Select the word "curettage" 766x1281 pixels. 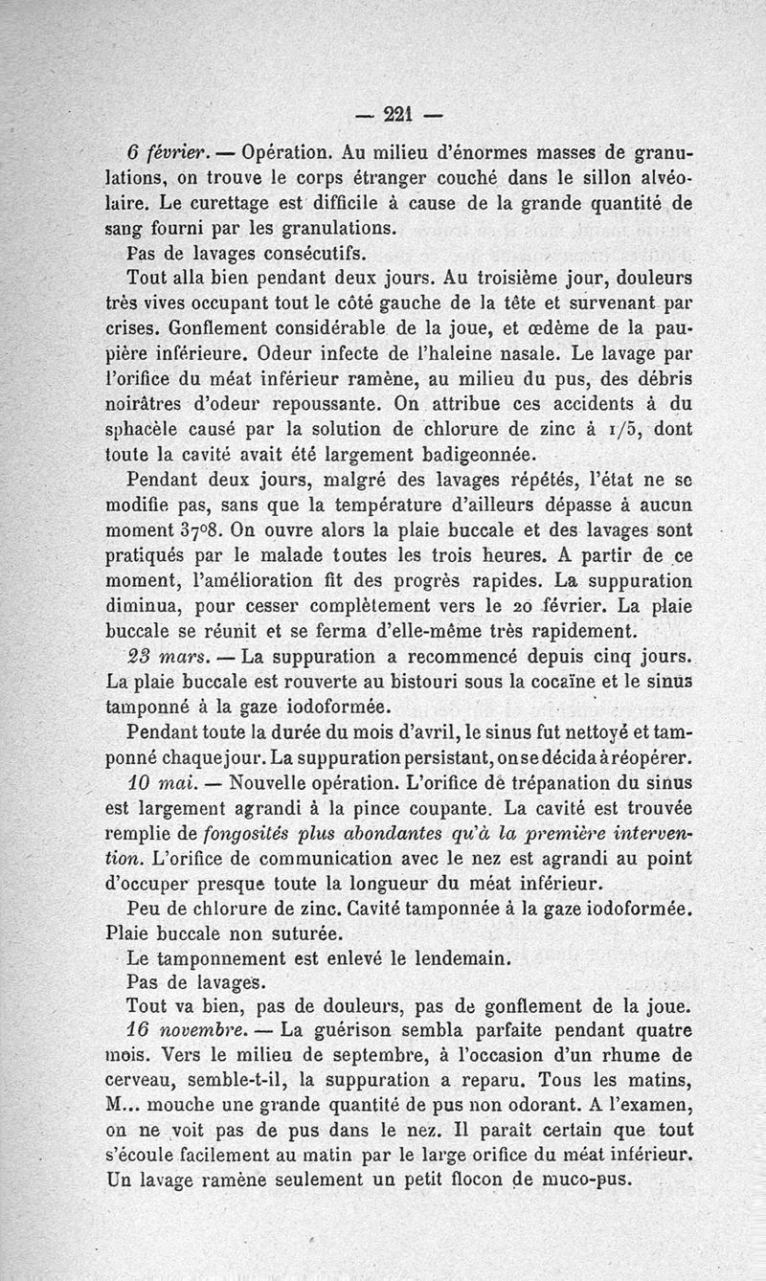tap(207, 203)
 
